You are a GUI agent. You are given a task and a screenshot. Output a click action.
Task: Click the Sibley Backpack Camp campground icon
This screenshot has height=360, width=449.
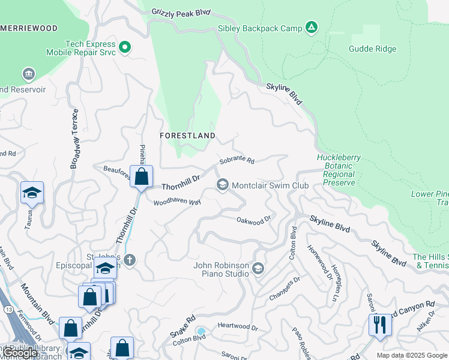311,27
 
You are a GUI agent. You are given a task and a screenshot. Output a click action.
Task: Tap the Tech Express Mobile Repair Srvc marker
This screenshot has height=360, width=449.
125,46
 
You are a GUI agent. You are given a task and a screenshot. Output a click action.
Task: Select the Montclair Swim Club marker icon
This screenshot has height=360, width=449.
223,185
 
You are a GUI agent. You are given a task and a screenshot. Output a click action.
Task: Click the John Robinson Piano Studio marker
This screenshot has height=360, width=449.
259,267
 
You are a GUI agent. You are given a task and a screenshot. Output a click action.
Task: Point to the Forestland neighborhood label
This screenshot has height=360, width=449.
187,136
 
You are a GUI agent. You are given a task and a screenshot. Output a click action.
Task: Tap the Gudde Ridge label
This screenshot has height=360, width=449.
370,49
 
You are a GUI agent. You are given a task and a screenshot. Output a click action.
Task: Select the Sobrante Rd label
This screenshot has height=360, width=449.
237,161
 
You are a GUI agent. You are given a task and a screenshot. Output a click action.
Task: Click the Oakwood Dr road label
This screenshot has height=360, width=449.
254,221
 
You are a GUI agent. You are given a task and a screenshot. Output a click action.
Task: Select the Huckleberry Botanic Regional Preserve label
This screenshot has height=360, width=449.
339,170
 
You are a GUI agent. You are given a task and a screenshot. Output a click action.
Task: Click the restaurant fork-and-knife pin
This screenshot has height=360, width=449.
380,325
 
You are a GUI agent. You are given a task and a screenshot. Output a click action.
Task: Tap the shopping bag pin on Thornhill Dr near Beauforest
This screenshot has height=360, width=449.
141,176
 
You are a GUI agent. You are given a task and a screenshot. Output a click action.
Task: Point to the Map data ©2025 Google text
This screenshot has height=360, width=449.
411,355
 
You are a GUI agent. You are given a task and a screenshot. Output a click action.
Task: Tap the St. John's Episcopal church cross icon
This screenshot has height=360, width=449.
130,260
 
